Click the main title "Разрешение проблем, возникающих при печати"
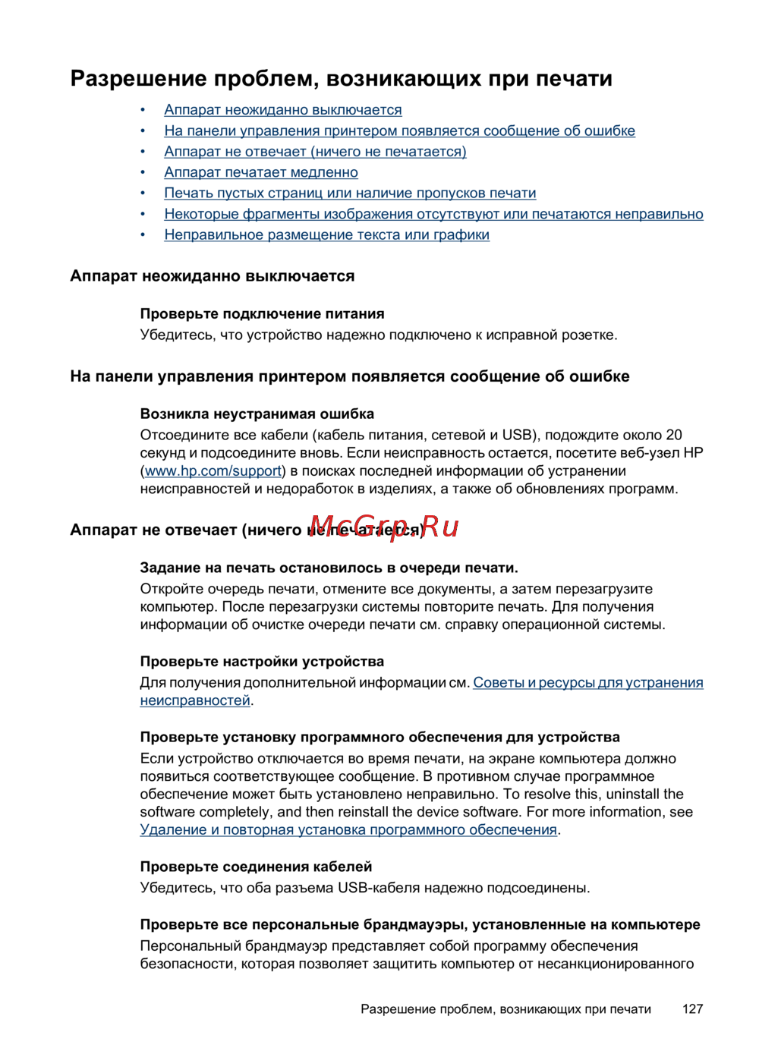coord(341,79)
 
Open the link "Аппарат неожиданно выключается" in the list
coord(283,110)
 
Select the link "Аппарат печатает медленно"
coord(261,172)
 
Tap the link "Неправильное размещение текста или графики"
coord(326,234)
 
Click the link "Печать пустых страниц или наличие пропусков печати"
coord(350,193)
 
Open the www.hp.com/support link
coord(213,471)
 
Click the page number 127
coord(692,1009)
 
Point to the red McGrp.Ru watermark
coord(384,526)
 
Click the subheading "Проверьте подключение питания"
coord(262,313)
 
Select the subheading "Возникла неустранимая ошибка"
coord(257,414)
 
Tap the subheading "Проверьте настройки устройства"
coord(262,661)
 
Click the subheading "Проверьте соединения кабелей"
coord(256,867)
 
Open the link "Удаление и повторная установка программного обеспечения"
coord(348,830)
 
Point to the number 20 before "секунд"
coord(674,435)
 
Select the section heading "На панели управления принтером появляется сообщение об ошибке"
coord(349,376)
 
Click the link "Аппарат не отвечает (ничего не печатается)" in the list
coord(315,152)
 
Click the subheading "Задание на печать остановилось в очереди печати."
coord(329,568)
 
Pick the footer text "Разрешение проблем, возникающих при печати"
coord(505,1009)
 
